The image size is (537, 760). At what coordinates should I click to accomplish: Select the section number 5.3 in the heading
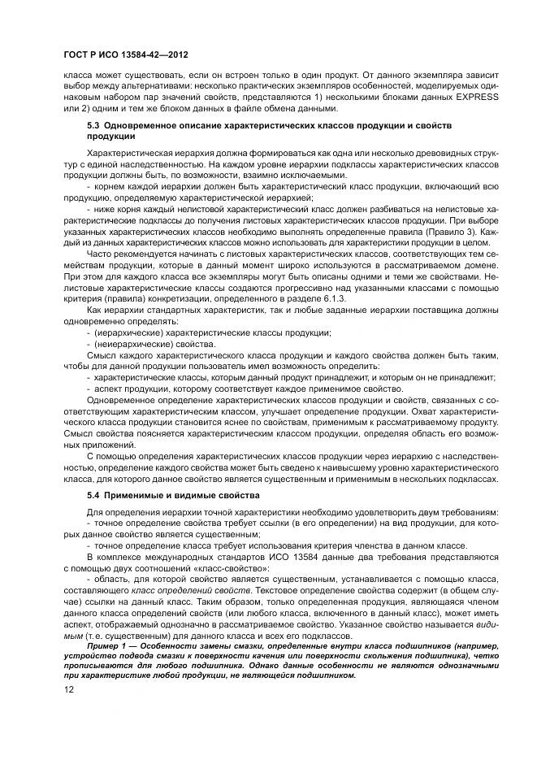point(93,127)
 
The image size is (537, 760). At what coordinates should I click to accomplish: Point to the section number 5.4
point(93,495)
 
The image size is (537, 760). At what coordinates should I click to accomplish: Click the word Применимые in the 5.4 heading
point(133,495)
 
